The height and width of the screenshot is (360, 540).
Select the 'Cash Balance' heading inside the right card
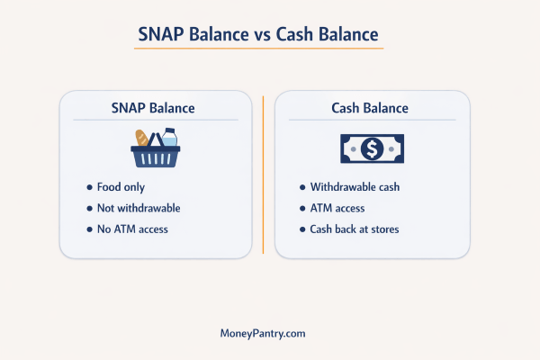click(x=371, y=108)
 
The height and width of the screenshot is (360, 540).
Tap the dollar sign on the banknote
click(x=372, y=148)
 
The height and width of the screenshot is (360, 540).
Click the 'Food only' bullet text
click(x=121, y=187)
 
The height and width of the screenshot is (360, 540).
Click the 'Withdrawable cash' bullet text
click(x=354, y=187)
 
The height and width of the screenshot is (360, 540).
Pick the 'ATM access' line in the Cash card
click(x=338, y=208)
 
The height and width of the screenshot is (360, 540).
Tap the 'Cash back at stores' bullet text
click(x=355, y=229)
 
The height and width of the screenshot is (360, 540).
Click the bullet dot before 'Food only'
click(x=89, y=187)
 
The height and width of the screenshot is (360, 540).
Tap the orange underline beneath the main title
click(x=261, y=49)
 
